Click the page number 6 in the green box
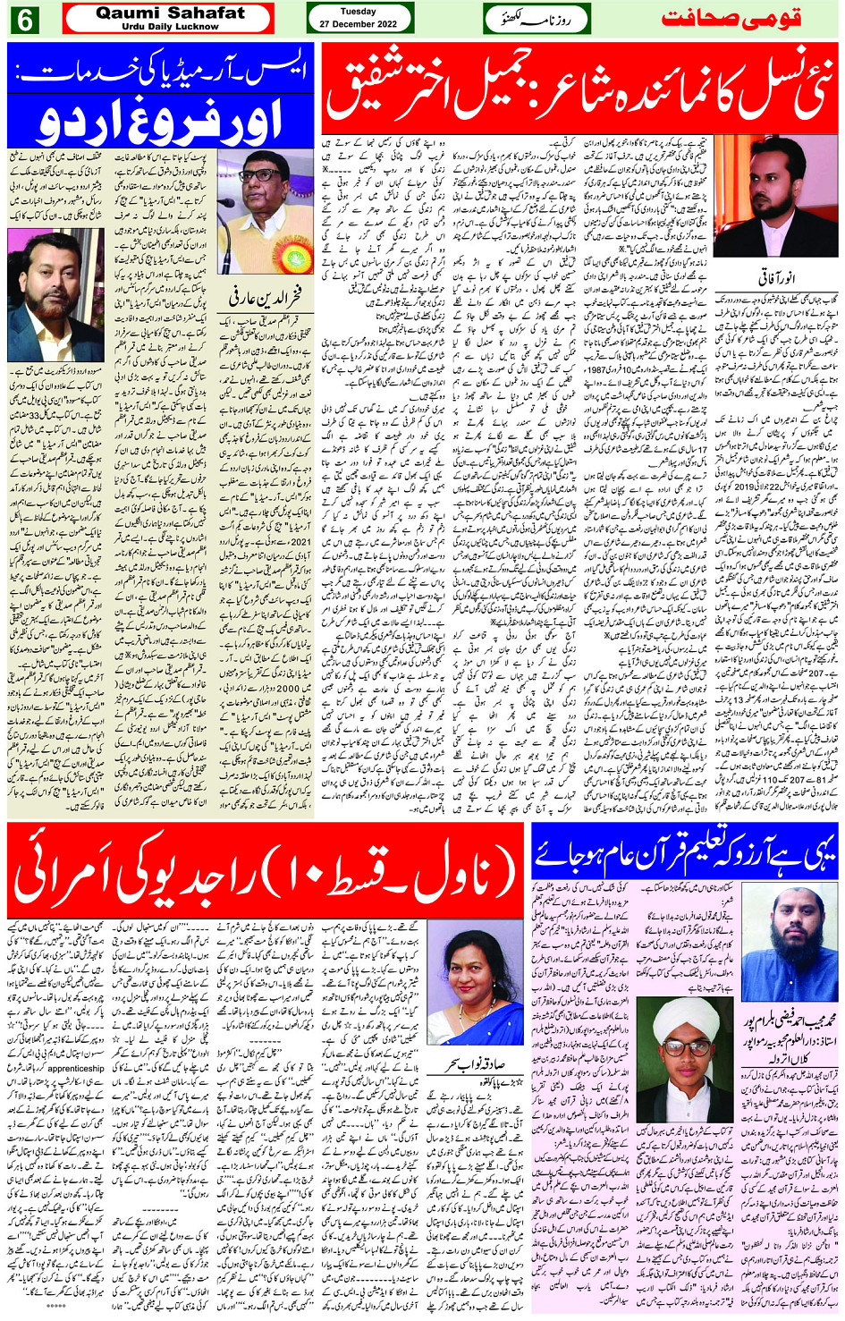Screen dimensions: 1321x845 24,19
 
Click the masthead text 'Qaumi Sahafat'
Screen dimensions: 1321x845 170,13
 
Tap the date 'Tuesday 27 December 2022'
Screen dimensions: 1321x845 359,18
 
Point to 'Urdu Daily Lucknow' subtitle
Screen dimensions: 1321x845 170,27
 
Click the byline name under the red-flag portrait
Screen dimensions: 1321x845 776,278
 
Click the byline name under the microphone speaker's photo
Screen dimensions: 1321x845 266,294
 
